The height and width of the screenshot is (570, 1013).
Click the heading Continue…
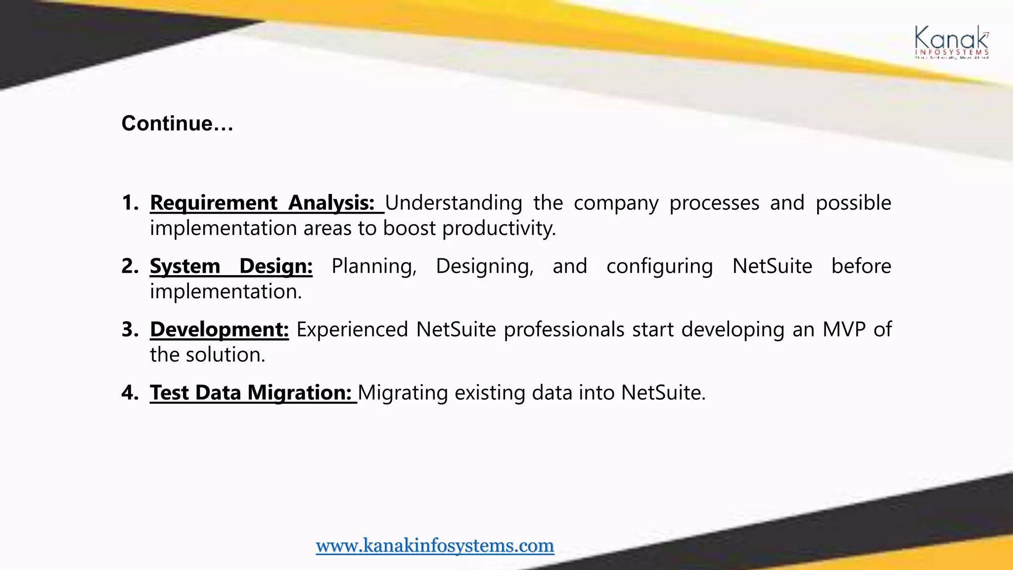pos(177,123)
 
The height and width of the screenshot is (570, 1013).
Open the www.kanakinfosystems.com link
pos(435,545)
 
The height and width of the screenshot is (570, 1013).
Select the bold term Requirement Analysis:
pos(262,203)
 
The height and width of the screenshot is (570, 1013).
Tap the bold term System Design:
pos(231,266)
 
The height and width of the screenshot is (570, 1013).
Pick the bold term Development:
pos(219,330)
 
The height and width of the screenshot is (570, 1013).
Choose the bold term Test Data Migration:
pos(251,393)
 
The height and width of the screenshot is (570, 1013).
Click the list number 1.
pos(130,203)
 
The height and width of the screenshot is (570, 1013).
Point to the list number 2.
pos(130,266)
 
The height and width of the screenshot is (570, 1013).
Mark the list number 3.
pos(130,330)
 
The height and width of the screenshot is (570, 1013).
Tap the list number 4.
pos(130,393)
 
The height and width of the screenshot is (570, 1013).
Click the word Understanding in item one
pos(454,203)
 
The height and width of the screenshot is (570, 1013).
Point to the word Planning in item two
pos(374,266)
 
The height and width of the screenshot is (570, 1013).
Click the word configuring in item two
pos(659,266)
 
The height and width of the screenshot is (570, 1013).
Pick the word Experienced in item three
pos(352,330)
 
